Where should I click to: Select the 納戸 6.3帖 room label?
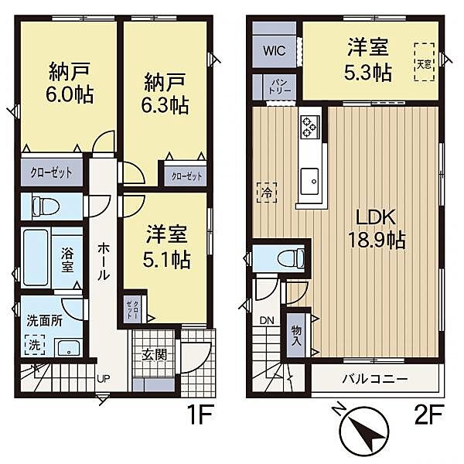[165, 92]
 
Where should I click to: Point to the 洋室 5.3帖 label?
[369, 60]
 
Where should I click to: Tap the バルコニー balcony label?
[374, 380]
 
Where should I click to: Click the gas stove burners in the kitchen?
[311, 125]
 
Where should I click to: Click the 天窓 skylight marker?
[425, 60]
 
